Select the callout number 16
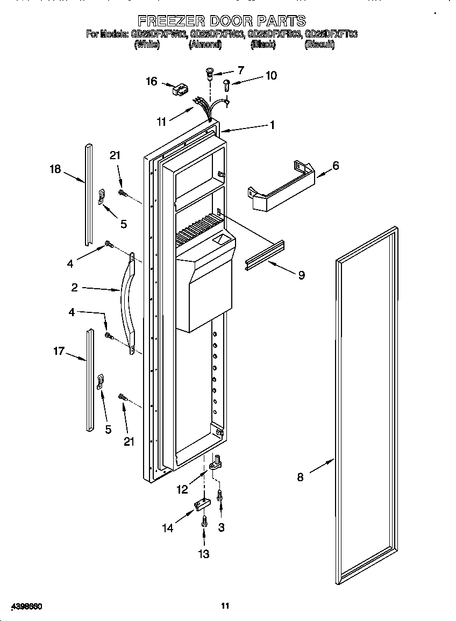coord(152,81)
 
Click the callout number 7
coord(240,70)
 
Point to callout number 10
coord(271,76)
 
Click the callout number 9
coord(301,275)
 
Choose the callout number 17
coord(59,351)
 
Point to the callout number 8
coord(300,477)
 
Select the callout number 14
coord(168,529)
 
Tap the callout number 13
coord(204,554)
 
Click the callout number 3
coord(221,528)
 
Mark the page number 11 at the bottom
coord(225,606)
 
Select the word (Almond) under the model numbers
coord(205,45)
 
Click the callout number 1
coord(273,125)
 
